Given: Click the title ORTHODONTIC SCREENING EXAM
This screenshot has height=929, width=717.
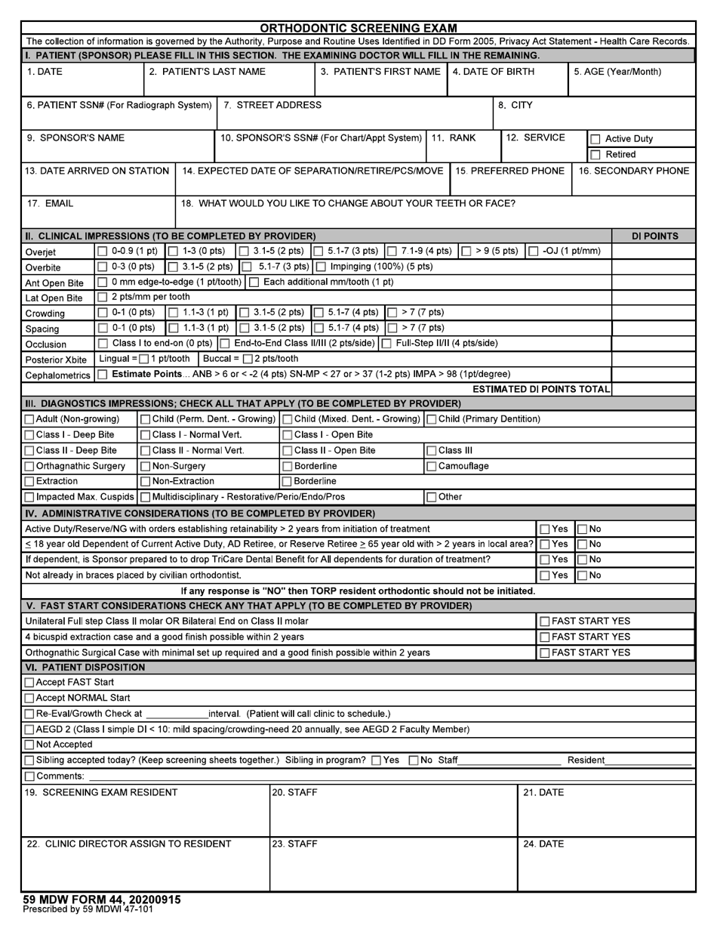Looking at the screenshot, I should [x=358, y=29].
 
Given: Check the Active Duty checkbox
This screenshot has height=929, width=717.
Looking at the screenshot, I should [x=595, y=139].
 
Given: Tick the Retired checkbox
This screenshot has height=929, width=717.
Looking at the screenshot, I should [x=595, y=155].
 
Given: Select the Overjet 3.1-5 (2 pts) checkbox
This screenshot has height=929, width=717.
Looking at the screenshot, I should [x=244, y=251].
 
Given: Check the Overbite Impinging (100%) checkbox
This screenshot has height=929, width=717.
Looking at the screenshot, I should [x=320, y=267].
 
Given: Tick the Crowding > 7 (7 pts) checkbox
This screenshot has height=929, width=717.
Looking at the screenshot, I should [x=392, y=313].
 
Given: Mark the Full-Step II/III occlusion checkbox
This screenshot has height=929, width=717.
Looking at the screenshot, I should [x=386, y=344].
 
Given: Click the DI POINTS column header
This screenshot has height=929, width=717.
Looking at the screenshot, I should [x=654, y=236].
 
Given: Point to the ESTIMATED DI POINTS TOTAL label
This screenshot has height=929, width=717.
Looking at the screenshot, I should [x=541, y=389].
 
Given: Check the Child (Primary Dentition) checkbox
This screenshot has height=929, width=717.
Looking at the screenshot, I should [x=432, y=419].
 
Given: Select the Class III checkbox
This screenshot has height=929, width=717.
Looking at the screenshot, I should [x=432, y=450].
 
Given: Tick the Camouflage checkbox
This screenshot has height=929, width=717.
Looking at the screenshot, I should [x=432, y=466].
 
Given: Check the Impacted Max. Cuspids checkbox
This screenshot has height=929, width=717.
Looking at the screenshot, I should [x=29, y=497].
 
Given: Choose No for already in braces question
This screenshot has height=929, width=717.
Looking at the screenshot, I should [x=582, y=576].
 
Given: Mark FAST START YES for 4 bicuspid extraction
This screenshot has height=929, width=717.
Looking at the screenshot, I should [x=544, y=637].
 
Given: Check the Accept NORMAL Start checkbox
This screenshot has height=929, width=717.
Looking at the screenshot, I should [x=29, y=698].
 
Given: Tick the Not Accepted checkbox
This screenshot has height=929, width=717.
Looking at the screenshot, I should [x=29, y=744].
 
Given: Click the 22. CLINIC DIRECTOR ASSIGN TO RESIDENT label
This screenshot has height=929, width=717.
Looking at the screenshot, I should [x=129, y=844].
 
